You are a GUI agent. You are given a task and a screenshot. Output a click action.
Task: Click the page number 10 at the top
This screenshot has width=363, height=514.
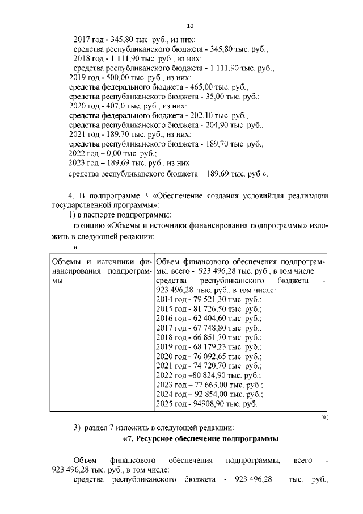click(x=190, y=26)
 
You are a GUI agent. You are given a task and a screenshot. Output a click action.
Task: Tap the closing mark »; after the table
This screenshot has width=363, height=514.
click(x=324, y=416)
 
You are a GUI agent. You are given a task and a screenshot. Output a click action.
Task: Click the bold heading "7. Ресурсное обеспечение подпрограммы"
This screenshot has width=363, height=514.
click(x=200, y=440)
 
